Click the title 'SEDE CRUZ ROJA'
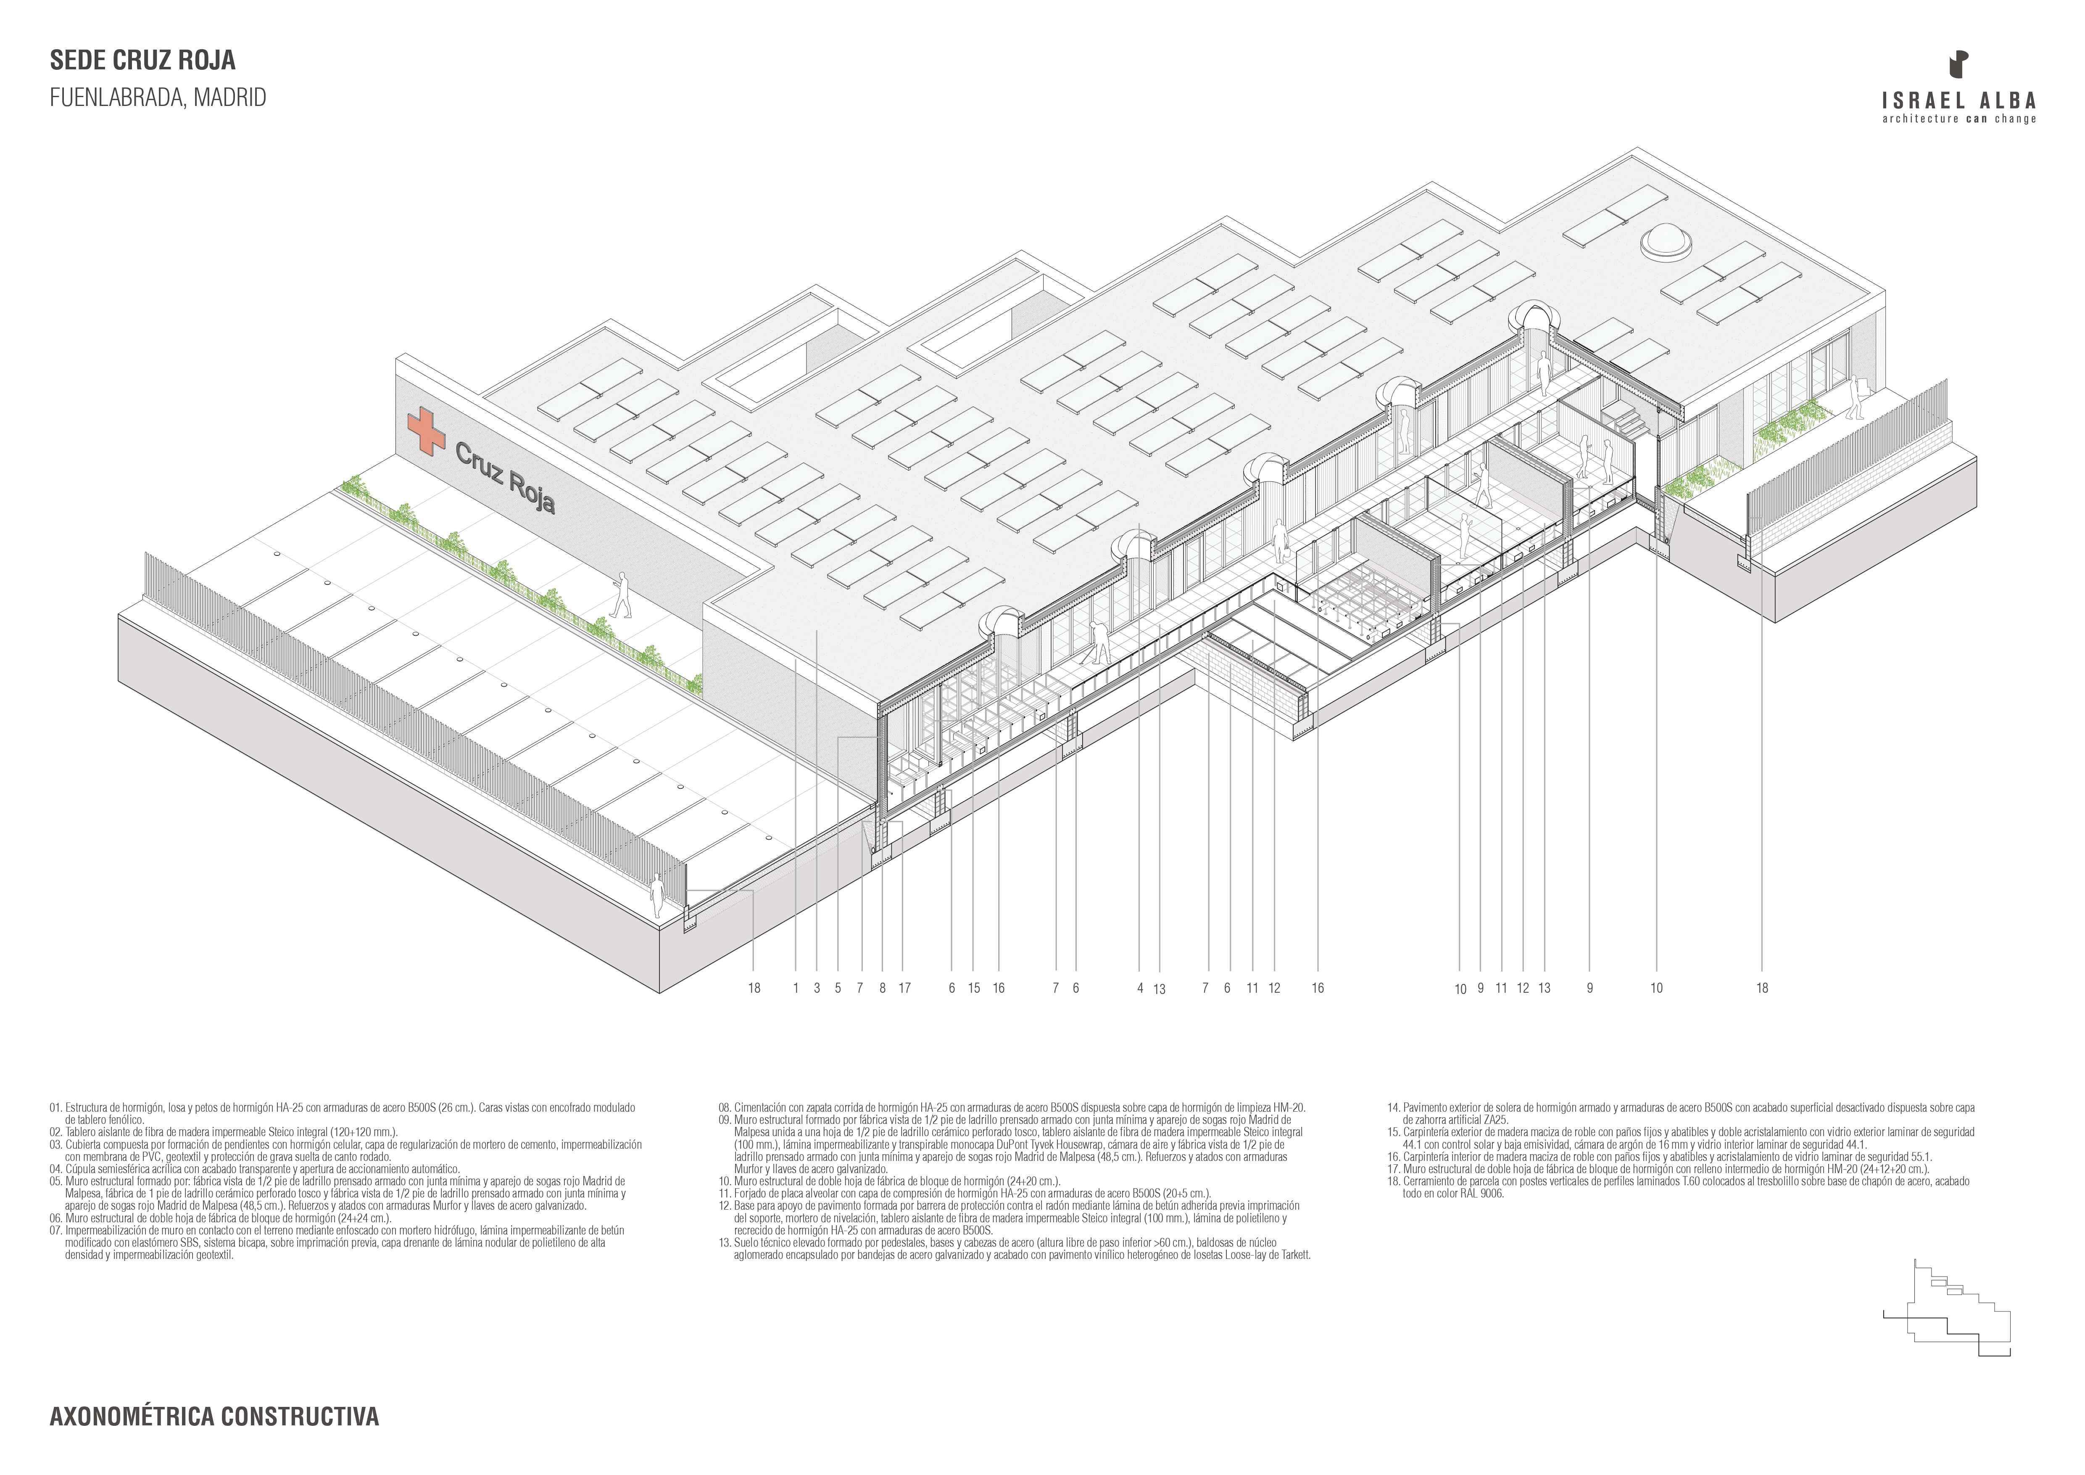coord(142,61)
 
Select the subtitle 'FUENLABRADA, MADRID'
coord(158,98)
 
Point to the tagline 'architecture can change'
coord(1959,119)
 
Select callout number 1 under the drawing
coord(796,988)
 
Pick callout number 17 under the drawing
coord(904,988)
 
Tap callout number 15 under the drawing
coord(973,988)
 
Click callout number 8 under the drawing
coord(882,988)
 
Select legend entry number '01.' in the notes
coord(56,1108)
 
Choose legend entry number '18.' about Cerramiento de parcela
coord(1393,1182)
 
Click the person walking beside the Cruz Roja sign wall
coord(622,594)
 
